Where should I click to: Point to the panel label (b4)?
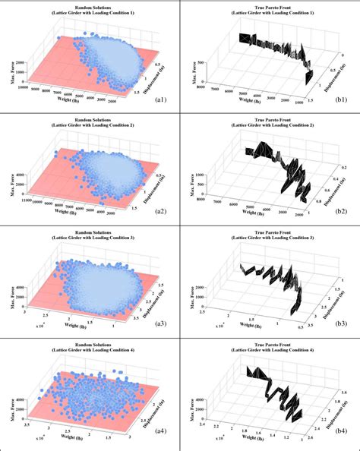(343, 436)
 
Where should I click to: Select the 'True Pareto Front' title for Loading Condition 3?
(270, 232)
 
